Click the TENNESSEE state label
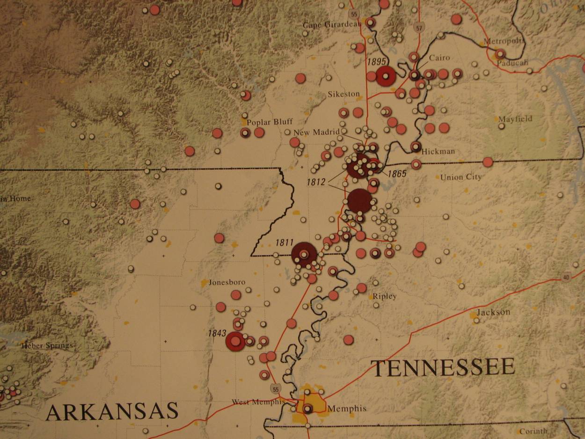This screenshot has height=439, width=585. (443, 367)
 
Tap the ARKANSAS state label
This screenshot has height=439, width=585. (112, 412)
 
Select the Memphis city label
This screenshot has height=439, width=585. (347, 409)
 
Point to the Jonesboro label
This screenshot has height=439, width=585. (227, 282)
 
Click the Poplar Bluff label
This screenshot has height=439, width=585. (270, 122)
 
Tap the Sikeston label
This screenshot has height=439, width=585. (344, 94)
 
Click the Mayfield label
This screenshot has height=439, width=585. (515, 119)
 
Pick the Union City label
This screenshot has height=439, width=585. (461, 177)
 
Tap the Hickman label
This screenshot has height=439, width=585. (438, 152)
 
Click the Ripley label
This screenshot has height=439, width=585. (384, 296)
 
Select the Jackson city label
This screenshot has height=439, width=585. (493, 312)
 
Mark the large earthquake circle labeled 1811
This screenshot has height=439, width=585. (304, 255)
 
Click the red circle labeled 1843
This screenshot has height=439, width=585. (235, 341)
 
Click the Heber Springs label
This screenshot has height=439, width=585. (47, 346)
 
